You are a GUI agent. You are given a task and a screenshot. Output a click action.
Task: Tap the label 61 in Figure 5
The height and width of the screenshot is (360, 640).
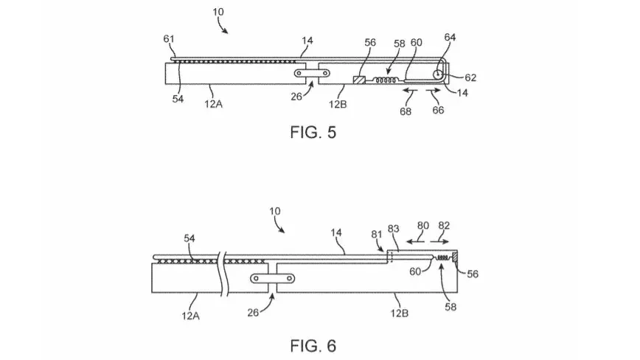169,39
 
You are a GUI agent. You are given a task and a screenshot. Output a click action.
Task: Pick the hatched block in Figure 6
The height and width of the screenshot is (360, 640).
455,256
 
